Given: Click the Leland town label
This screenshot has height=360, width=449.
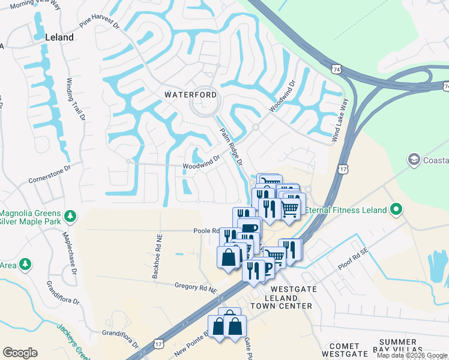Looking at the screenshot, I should [59, 37].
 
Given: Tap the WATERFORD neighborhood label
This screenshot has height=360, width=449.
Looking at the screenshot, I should [191, 95].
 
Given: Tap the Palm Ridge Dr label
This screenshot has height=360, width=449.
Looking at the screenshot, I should [231, 147].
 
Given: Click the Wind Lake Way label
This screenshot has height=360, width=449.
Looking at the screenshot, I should [340, 120].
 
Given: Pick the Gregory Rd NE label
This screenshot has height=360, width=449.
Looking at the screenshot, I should [196, 287].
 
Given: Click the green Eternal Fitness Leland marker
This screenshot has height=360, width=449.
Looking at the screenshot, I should [396, 210].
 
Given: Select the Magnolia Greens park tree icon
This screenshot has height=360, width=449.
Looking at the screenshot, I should [70, 215].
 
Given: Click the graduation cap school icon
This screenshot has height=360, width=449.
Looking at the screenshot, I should [414, 160].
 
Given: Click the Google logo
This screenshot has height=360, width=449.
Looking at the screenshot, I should [20, 353].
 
